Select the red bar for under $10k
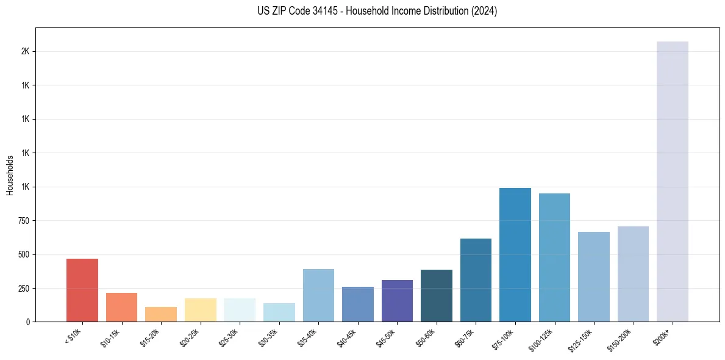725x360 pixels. [82, 290]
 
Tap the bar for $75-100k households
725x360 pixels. [515, 254]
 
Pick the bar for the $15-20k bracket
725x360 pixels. [161, 314]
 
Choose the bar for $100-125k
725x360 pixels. [554, 257]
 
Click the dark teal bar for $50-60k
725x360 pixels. [437, 295]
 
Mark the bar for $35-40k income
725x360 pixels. [318, 295]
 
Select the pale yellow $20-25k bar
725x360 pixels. [200, 310]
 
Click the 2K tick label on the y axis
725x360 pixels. [25, 52]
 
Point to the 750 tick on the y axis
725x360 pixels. [23, 221]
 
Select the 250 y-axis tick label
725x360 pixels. [23, 289]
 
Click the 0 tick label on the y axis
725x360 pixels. [27, 322]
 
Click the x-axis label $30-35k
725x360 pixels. [268, 337]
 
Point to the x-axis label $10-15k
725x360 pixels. [110, 337]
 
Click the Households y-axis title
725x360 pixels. [10, 175]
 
